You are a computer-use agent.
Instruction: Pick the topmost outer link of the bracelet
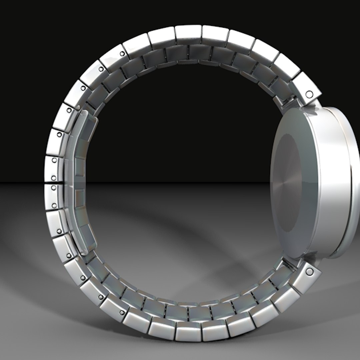[x=188, y=33]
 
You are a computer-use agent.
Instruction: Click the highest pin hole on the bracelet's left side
[x=122, y=53]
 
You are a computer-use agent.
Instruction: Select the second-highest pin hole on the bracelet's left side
[x=101, y=69]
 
